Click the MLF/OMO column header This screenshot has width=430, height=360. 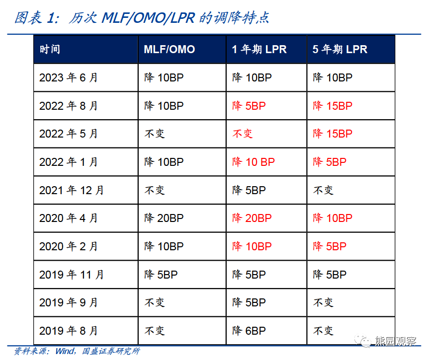click(169, 50)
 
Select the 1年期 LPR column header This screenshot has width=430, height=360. click(259, 50)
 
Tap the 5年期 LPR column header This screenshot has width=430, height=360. click(340, 50)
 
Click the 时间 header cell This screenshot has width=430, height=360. click(50, 50)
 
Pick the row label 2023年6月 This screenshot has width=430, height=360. click(69, 78)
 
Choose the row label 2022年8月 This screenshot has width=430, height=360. click(69, 106)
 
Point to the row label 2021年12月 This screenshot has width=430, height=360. click(72, 190)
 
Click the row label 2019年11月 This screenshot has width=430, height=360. click(72, 275)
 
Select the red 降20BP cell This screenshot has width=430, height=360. click(252, 218)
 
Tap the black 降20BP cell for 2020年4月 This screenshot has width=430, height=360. click(164, 218)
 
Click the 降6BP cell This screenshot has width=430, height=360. click(249, 331)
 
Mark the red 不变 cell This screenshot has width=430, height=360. click(243, 134)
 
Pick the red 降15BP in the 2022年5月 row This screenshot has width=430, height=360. click(333, 134)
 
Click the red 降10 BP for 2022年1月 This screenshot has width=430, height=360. click(254, 162)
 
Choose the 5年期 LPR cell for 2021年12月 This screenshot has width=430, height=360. click(323, 190)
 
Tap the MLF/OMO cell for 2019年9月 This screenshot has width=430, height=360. click(154, 303)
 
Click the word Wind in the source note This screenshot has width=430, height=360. click(64, 351)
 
